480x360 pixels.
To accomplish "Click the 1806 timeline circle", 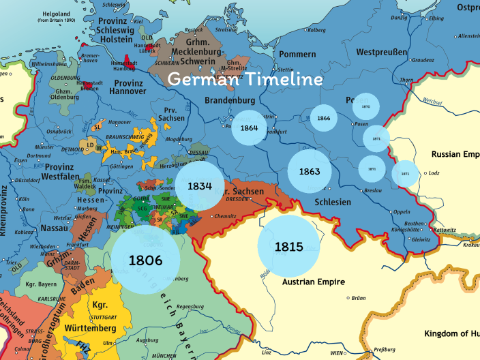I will tap(146, 260).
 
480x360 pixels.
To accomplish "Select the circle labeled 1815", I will tap(288, 247).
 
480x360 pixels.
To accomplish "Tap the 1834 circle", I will tap(200, 185).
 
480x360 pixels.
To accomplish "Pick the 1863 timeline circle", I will tap(309, 171).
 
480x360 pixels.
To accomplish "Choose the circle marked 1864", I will tap(249, 127).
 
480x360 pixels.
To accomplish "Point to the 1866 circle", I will tap(323, 119).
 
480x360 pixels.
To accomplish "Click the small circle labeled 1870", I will tap(365, 107).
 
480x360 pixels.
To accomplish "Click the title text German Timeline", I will tap(245, 79).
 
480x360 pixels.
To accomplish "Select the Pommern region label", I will tap(298, 54).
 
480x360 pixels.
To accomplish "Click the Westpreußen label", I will tap(382, 52).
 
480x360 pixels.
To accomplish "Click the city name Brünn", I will tap(360, 298).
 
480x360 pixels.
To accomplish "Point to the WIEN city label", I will tap(337, 353).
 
